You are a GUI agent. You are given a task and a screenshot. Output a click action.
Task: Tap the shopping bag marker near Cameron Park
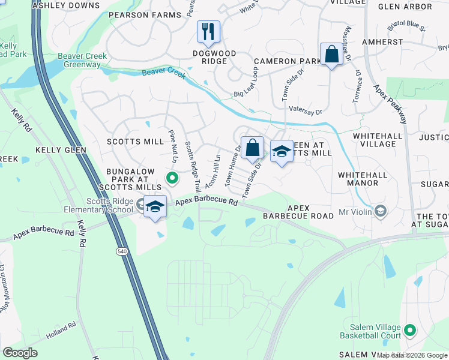(x=331, y=55)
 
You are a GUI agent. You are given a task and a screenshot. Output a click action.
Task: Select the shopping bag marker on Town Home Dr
(x=253, y=148)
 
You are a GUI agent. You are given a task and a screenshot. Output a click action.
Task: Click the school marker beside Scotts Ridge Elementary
(x=155, y=206)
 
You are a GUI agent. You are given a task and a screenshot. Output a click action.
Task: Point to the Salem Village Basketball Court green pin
(x=410, y=330)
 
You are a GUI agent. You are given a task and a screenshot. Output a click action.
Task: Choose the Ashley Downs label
(x=59, y=5)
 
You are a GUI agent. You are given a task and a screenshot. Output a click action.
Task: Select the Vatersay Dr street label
(x=306, y=112)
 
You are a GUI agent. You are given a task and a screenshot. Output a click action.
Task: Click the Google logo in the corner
(x=20, y=353)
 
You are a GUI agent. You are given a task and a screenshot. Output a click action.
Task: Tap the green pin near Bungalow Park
(x=172, y=177)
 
